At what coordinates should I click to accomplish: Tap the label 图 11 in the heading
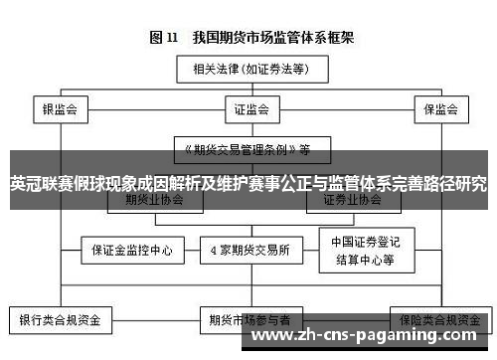[x=162, y=38]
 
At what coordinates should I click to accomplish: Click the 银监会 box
[x=59, y=109]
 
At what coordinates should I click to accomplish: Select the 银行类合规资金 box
[x=60, y=320]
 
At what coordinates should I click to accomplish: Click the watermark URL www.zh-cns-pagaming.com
[x=369, y=339]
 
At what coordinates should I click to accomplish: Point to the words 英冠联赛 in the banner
[x=38, y=185]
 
